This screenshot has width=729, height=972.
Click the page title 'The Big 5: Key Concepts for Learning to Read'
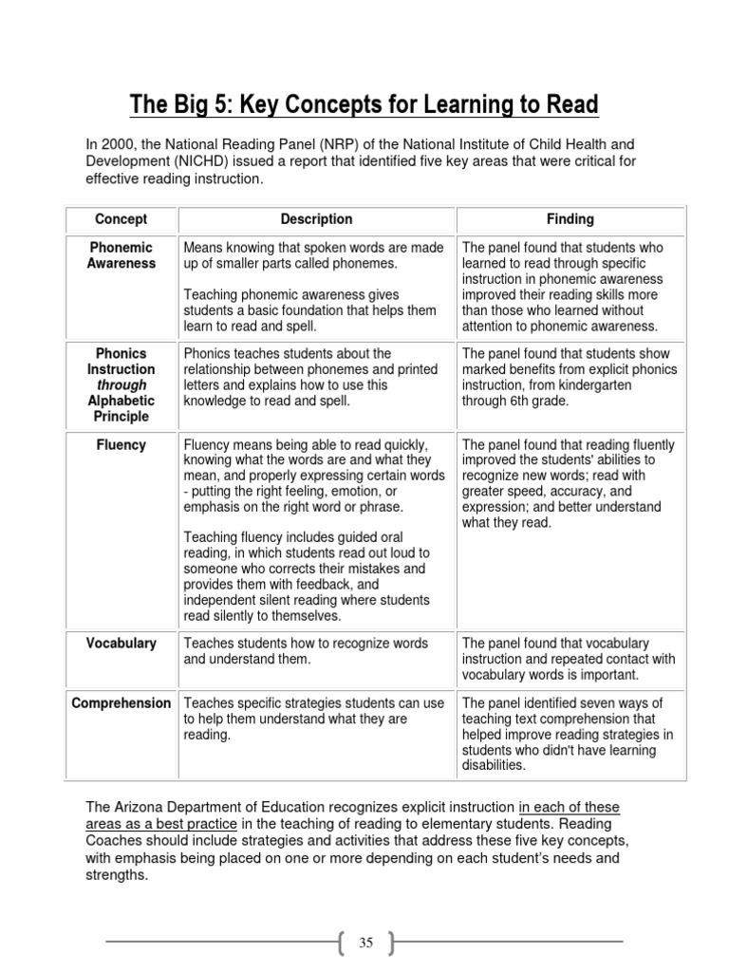pos(364,103)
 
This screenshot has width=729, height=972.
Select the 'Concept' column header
pos(121,219)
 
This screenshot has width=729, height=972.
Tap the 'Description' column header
pos(316,219)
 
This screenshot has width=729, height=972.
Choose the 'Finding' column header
pos(570,219)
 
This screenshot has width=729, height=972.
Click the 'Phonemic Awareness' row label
pos(121,255)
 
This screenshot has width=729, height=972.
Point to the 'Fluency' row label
pos(121,444)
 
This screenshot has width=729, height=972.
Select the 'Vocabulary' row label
pos(121,644)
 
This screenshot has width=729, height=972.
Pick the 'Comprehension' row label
pos(121,703)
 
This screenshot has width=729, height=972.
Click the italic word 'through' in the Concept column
pos(121,384)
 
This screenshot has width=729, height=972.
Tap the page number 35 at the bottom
pos(366,943)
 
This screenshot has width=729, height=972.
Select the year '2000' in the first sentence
pos(118,144)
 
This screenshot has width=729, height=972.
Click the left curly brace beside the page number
pos(341,943)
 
